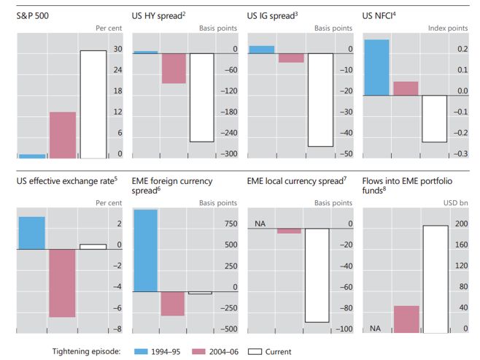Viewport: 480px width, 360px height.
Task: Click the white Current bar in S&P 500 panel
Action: point(92,104)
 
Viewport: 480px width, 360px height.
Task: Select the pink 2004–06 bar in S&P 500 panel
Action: point(62,135)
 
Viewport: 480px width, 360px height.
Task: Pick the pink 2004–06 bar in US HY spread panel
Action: point(174,68)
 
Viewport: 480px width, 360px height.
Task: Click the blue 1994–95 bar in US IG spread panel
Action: point(261,49)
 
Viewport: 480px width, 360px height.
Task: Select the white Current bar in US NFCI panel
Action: point(434,118)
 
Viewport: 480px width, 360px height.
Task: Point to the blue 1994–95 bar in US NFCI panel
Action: point(376,67)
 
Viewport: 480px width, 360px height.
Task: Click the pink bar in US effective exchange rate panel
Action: point(62,283)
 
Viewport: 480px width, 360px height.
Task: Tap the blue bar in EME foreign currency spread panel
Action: point(146,250)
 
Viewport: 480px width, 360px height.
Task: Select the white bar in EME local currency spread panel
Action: point(317,275)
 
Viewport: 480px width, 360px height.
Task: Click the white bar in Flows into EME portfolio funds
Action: point(435,280)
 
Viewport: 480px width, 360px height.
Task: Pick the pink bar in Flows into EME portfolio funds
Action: point(406,320)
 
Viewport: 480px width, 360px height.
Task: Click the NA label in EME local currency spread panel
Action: point(259,224)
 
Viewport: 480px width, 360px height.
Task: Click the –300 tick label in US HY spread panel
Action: point(229,154)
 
